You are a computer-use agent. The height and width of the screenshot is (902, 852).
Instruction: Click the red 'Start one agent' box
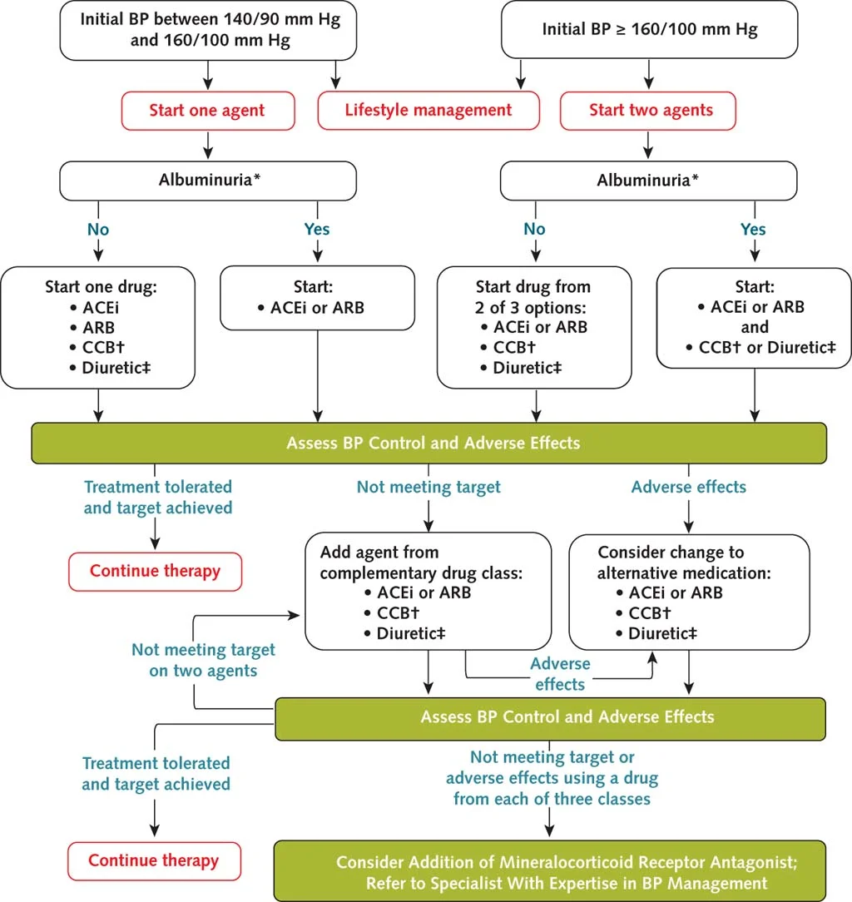[207, 111]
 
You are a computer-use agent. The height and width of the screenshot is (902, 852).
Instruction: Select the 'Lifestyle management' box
[428, 111]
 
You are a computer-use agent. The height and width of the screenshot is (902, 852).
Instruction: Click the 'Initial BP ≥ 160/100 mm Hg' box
[649, 31]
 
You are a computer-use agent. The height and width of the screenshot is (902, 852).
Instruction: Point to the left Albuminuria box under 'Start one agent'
[207, 179]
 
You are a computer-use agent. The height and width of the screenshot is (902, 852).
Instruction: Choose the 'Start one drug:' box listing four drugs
[99, 327]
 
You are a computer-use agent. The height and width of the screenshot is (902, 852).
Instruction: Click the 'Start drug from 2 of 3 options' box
[533, 327]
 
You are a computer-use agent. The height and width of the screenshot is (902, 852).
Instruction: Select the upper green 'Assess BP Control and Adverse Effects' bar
[428, 443]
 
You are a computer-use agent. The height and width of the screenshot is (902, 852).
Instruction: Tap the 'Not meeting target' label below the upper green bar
[428, 488]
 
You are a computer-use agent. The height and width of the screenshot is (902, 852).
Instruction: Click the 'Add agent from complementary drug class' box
[428, 592]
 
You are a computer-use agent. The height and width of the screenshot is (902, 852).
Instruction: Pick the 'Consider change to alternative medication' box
[689, 592]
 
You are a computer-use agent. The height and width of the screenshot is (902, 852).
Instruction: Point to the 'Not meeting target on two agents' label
[202, 660]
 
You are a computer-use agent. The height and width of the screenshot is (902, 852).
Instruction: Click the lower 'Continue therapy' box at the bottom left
[154, 861]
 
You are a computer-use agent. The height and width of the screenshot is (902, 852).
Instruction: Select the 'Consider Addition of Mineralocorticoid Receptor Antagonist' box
[550, 872]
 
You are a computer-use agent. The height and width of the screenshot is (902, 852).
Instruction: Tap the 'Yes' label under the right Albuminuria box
[753, 229]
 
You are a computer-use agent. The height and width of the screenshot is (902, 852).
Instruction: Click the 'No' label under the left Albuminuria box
[98, 229]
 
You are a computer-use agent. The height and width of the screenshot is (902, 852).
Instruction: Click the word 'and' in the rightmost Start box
[755, 327]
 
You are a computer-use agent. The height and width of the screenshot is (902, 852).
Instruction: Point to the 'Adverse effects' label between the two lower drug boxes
[560, 674]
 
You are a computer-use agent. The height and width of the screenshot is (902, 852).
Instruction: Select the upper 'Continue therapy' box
[155, 572]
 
